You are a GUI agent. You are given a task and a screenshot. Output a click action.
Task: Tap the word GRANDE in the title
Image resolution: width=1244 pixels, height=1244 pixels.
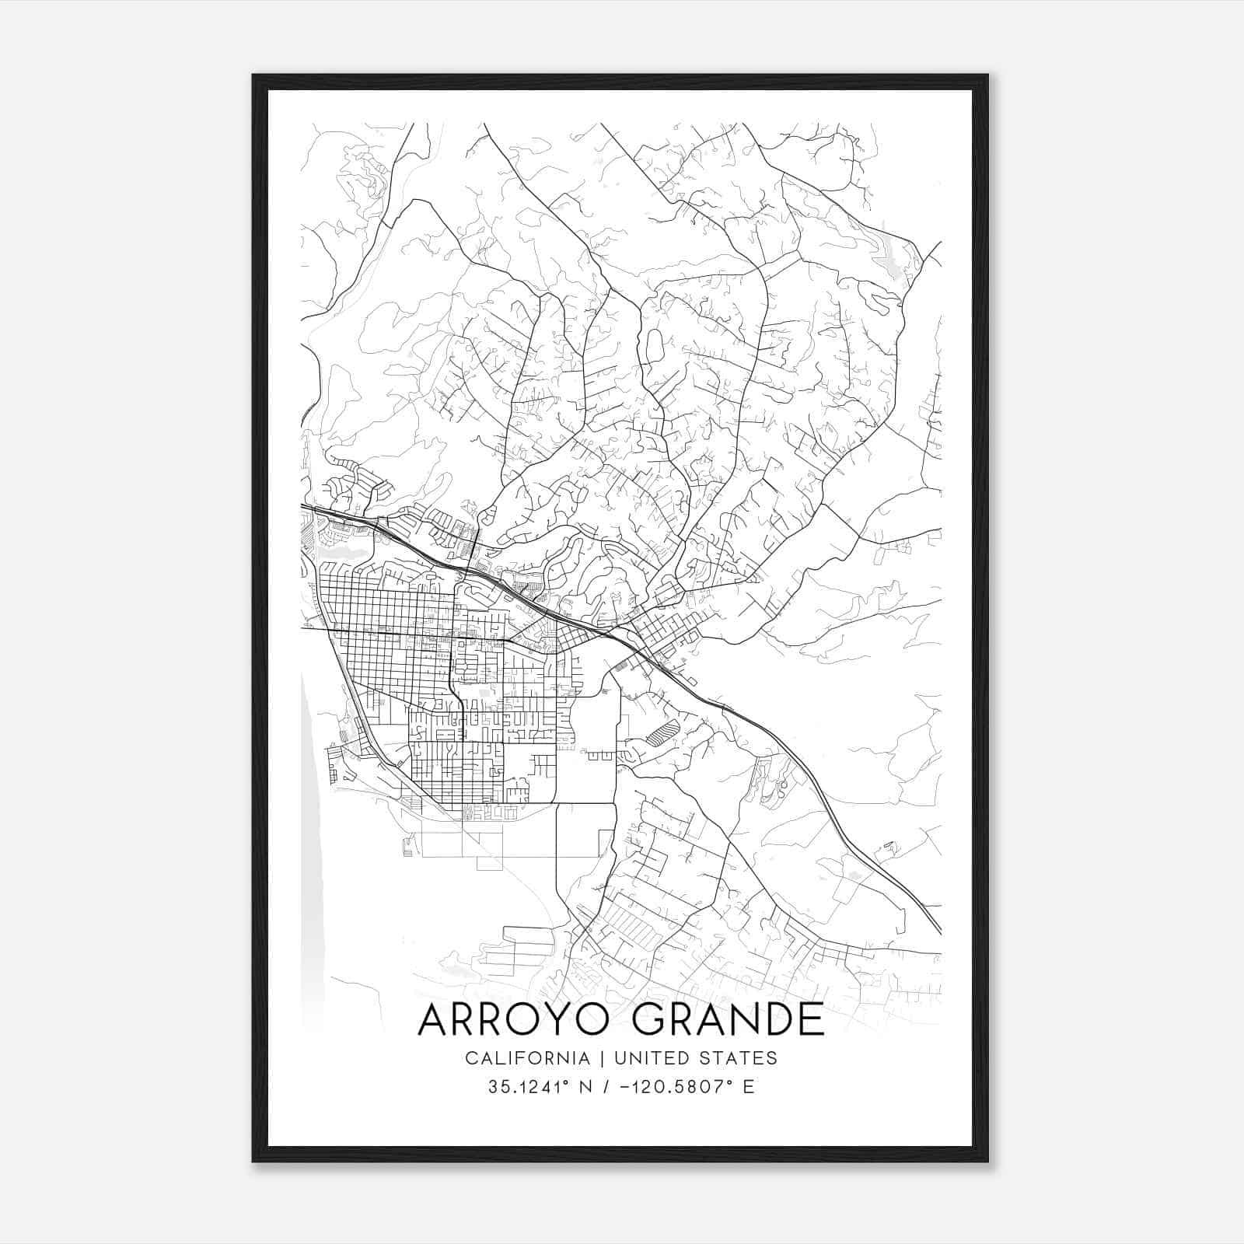728,1019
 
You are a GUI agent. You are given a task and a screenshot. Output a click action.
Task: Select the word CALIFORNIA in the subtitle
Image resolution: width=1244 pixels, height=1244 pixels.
527,1058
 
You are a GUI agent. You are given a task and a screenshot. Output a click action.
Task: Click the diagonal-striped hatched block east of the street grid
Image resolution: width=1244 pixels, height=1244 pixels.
663,731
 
